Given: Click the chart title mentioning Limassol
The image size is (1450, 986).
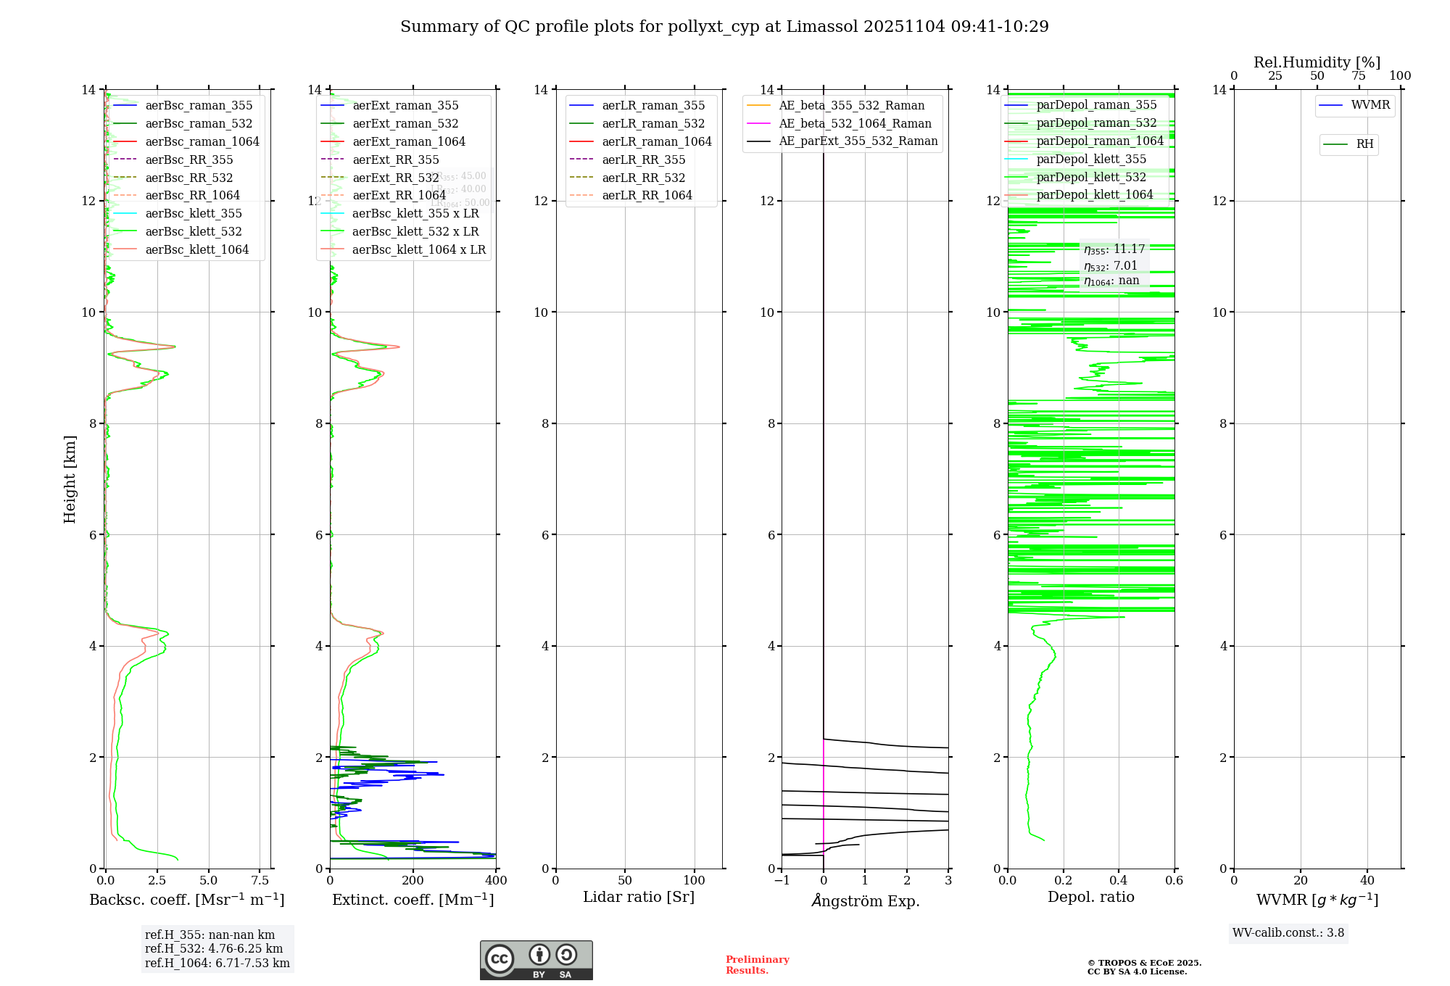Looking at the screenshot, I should pos(724,27).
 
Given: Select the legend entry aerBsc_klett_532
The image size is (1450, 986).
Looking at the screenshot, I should pos(194,232).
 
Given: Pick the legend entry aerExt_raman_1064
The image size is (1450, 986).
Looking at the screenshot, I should pos(409,142).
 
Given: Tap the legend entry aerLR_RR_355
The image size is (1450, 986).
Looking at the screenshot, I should pos(643,160).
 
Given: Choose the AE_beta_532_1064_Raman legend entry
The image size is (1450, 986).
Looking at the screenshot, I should pos(855,124).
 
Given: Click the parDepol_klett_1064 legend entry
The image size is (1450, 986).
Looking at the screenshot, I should pos(1094,195).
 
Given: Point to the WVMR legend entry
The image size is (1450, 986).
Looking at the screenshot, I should pos(1370,105).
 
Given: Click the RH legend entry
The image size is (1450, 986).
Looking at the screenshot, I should pos(1364,144).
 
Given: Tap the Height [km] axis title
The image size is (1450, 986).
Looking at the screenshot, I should pos(70,479).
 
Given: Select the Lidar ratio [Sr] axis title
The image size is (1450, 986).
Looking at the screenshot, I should pos(639,898).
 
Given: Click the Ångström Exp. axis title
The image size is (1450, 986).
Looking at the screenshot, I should pos(865,901).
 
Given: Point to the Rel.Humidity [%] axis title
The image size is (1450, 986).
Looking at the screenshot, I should pos(1317,62).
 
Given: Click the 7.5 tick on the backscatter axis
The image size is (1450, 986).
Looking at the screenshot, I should pos(260,881).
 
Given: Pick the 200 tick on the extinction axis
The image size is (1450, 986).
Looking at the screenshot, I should pos(413,881).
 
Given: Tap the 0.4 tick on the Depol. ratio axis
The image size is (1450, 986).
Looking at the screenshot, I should pos(1119,881).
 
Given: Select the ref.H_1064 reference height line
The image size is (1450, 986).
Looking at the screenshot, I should pos(217,964).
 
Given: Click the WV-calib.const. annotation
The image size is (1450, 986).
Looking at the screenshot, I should pos(1288,933).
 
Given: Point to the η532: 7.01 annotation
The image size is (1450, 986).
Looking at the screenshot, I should pos(1111,266).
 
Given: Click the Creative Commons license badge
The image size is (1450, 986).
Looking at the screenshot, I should pos(536,961).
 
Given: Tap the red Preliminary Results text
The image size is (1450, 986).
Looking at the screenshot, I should pos(757,965).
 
